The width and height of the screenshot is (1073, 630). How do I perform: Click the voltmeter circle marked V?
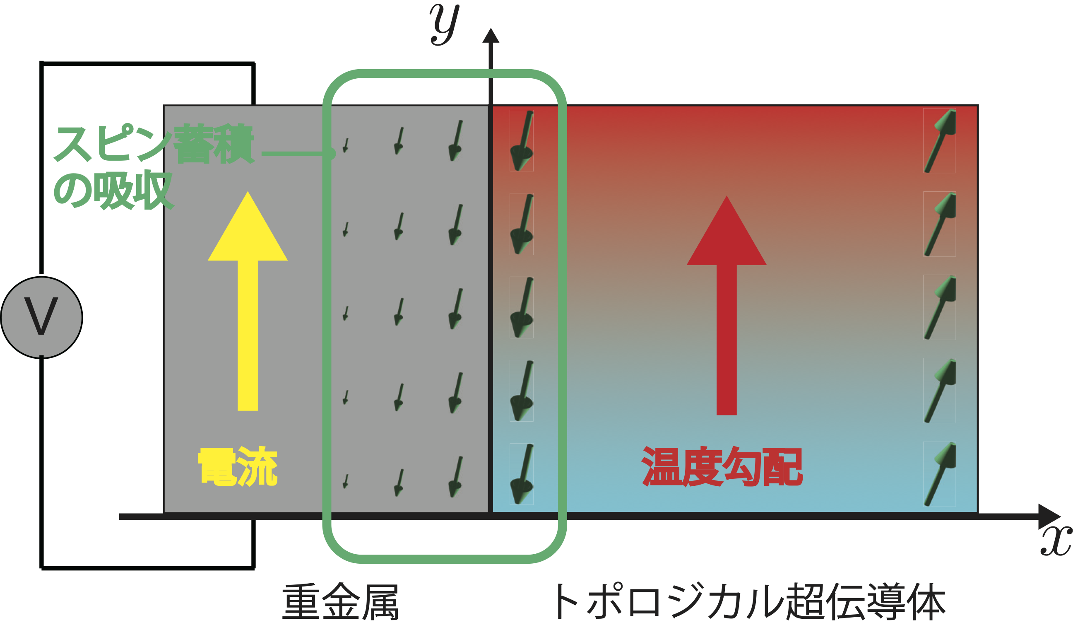[41, 317]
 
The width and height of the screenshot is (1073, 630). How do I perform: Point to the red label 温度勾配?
[722, 467]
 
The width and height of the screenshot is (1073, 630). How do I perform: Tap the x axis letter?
[1056, 541]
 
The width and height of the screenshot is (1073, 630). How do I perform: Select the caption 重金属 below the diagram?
[340, 601]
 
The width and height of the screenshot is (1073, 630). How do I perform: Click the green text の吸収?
[113, 191]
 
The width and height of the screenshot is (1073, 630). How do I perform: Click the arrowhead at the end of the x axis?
[1049, 517]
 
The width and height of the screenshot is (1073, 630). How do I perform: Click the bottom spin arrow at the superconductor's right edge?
[941, 474]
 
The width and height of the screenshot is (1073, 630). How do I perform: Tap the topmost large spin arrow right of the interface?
[522, 140]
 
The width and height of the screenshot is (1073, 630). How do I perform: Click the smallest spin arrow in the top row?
[346, 145]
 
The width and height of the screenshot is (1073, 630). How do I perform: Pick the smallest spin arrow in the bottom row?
[346, 481]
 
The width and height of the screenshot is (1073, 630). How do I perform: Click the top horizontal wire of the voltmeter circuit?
[148, 64]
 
